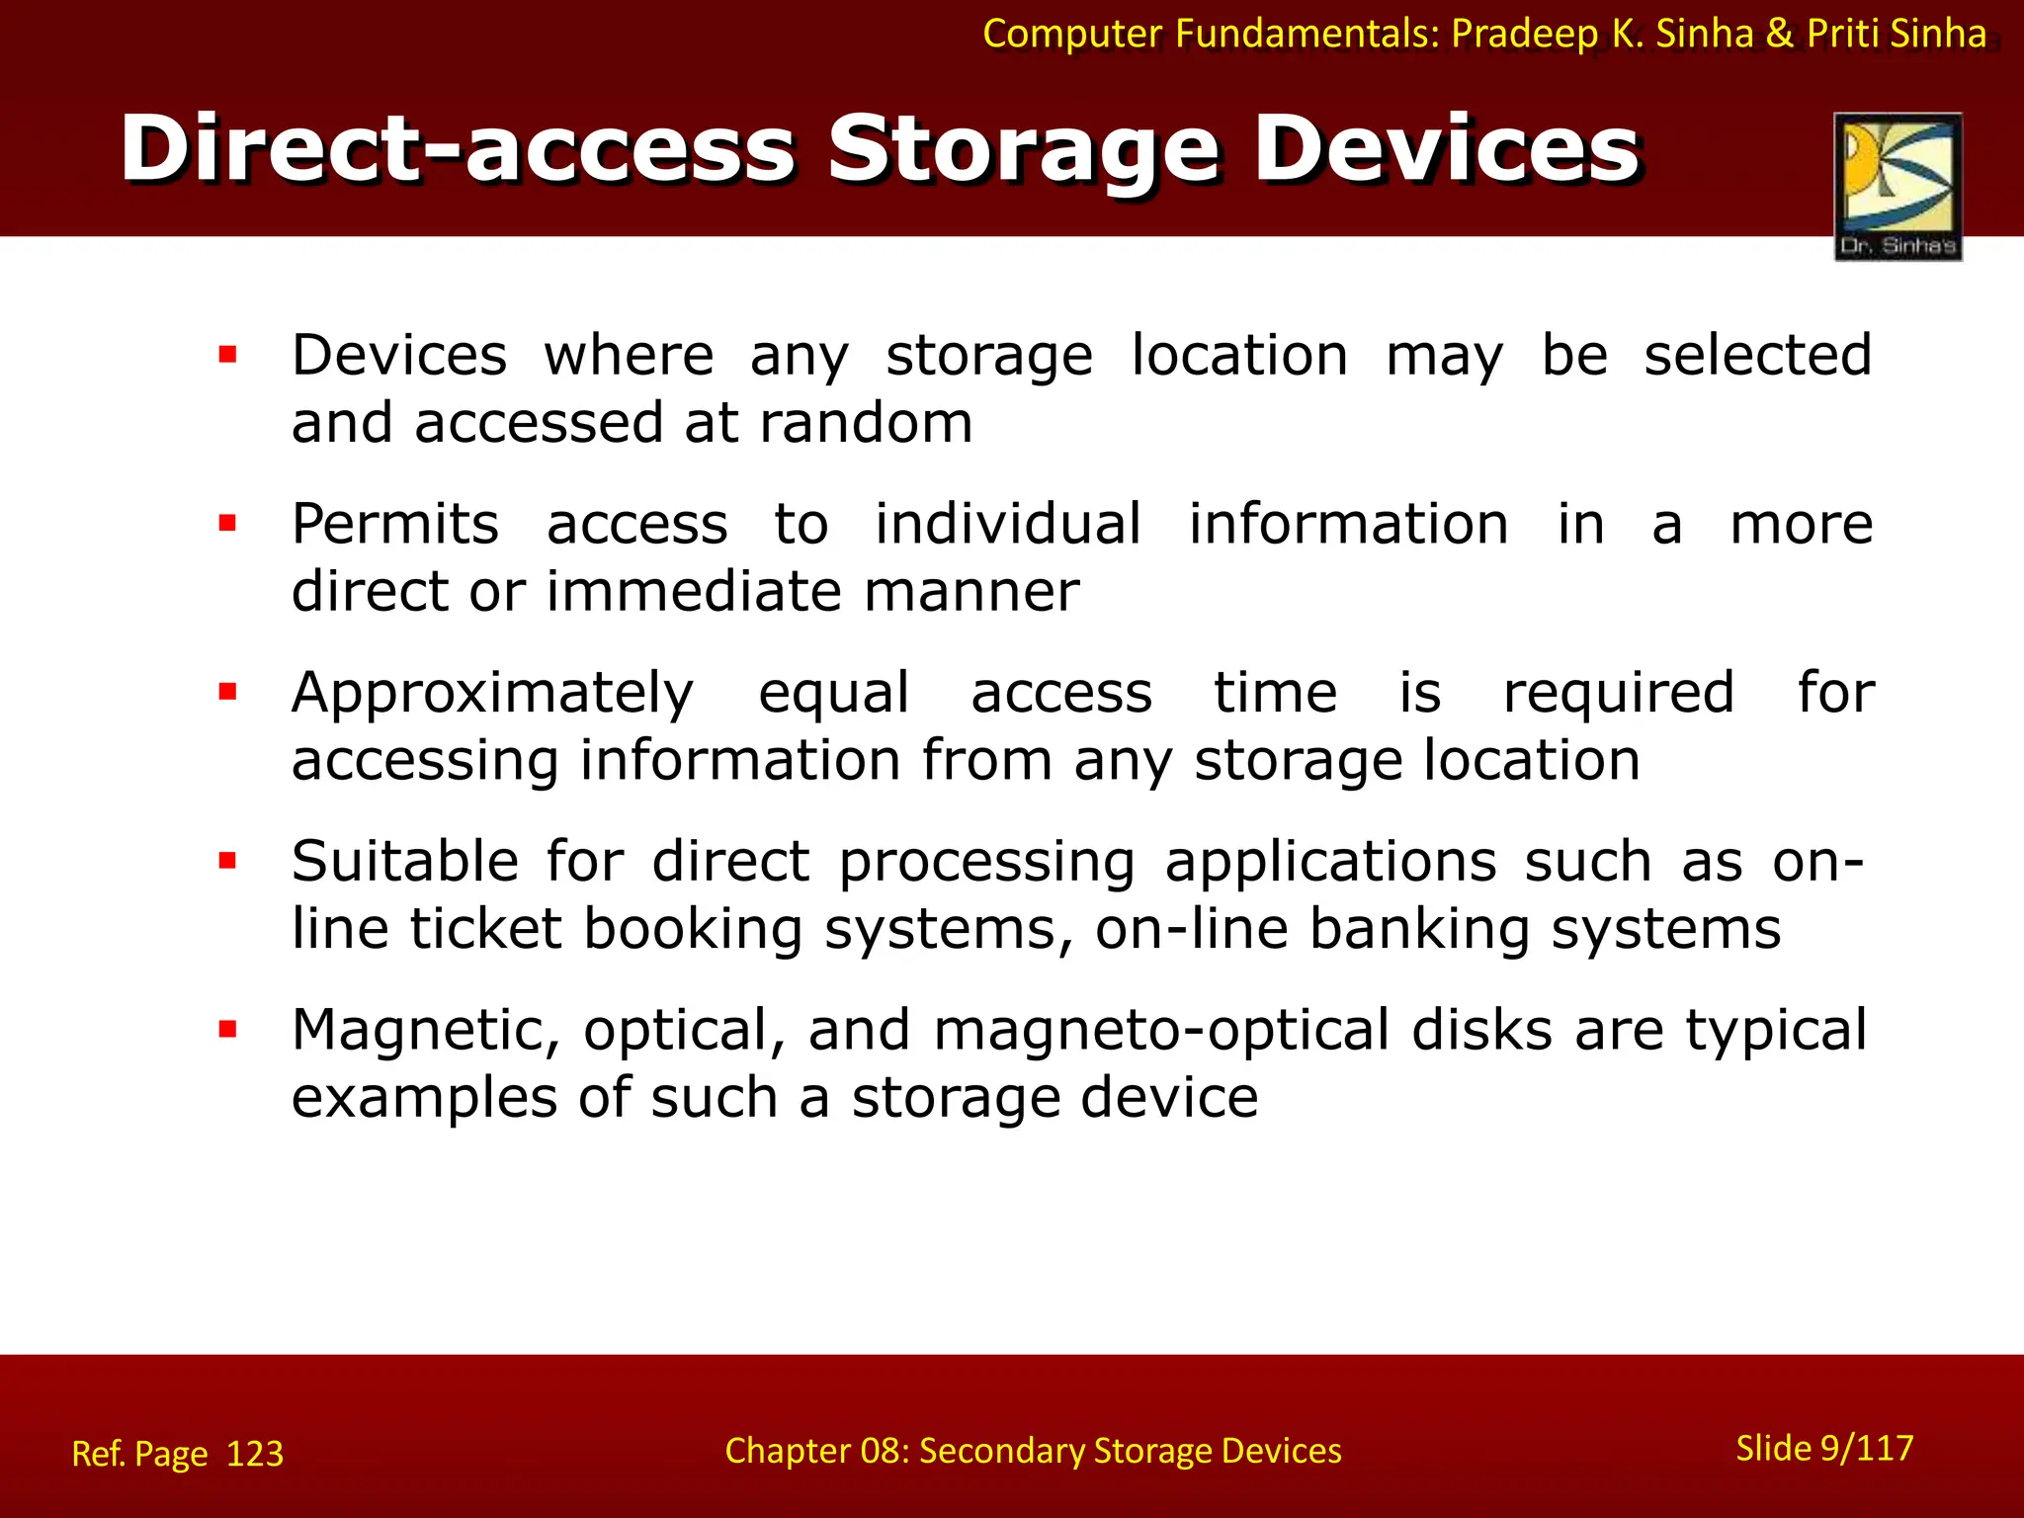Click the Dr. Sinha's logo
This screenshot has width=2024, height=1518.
[x=1897, y=186]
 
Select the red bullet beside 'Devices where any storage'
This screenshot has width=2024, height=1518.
[x=228, y=355]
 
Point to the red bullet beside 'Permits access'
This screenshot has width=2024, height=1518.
[x=228, y=524]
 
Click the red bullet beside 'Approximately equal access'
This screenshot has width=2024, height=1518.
[x=228, y=692]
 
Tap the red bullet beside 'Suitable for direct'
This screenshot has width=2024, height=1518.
[x=228, y=861]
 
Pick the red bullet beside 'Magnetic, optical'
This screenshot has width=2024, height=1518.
[x=228, y=1030]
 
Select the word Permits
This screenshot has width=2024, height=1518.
[x=395, y=524]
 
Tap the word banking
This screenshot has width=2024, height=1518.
[x=1418, y=930]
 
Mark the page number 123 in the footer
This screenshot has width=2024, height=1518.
[x=255, y=1454]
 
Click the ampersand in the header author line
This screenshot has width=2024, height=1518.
[x=1779, y=34]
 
